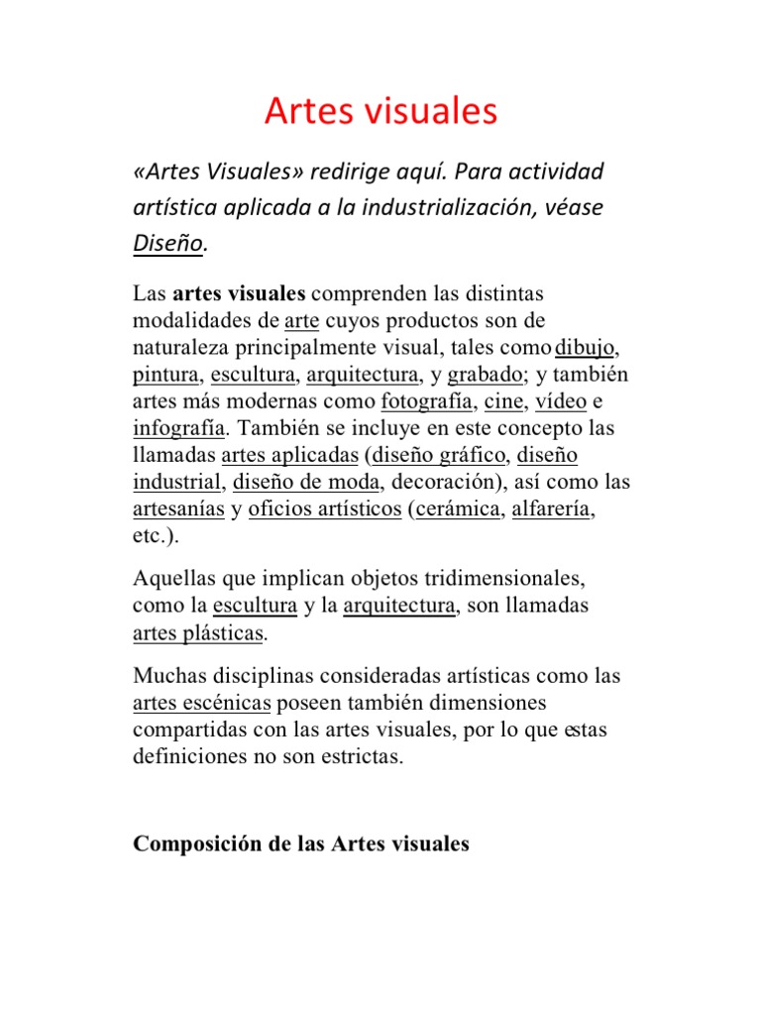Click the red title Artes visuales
tap(380, 112)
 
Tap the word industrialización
tap(444, 208)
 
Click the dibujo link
tap(588, 348)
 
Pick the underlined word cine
tap(504, 402)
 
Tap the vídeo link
tap(561, 402)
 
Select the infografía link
tap(179, 429)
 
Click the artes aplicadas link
tap(289, 456)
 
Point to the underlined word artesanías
tap(176, 509)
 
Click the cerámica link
tap(455, 509)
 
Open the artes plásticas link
tap(198, 632)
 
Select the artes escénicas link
tap(201, 704)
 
